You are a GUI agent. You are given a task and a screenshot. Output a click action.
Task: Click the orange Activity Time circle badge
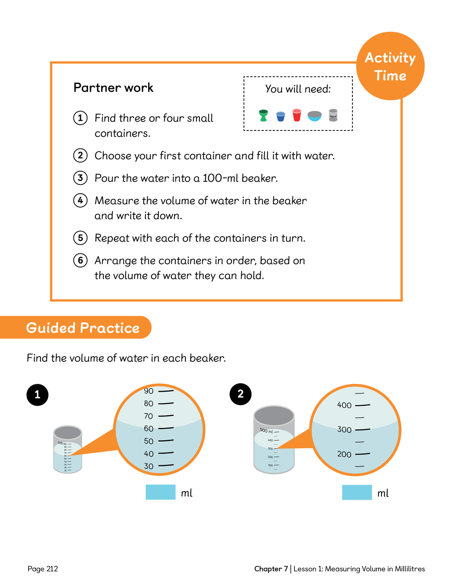pyautogui.click(x=390, y=66)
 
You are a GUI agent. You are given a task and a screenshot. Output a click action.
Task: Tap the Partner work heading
pyautogui.click(x=113, y=88)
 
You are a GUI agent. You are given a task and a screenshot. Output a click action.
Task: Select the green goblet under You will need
pyautogui.click(x=263, y=115)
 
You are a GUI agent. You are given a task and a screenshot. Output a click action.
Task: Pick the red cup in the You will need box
pyautogui.click(x=297, y=115)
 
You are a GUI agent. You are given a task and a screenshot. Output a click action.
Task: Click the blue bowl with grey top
pyautogui.click(x=315, y=116)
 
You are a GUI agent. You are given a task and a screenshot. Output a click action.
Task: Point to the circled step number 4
pyautogui.click(x=80, y=201)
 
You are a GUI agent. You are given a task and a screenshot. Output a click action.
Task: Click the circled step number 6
pyautogui.click(x=80, y=260)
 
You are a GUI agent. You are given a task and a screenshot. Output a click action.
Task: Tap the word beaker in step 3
pyautogui.click(x=259, y=178)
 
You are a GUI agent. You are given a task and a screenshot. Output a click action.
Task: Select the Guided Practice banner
pyautogui.click(x=83, y=328)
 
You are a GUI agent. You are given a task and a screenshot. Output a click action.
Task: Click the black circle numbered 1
pyautogui.click(x=37, y=394)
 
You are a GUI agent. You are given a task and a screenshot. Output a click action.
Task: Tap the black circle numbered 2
pyautogui.click(x=240, y=394)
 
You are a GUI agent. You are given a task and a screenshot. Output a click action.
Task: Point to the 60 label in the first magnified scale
pyautogui.click(x=149, y=429)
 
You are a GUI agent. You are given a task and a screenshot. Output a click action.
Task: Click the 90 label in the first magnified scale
pyautogui.click(x=149, y=391)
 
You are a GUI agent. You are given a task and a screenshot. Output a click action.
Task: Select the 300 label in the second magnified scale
pyautogui.click(x=345, y=430)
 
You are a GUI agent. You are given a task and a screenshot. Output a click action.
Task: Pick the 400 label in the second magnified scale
pyautogui.click(x=345, y=405)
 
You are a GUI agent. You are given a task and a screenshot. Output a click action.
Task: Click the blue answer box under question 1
pyautogui.click(x=160, y=492)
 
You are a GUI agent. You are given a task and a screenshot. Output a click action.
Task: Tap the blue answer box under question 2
pyautogui.click(x=357, y=492)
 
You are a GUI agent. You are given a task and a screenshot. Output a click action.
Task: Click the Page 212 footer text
pyautogui.click(x=43, y=569)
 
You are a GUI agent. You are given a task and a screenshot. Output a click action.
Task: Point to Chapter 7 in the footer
pyautogui.click(x=271, y=569)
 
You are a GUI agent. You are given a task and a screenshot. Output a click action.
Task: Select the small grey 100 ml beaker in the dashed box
pyautogui.click(x=333, y=115)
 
